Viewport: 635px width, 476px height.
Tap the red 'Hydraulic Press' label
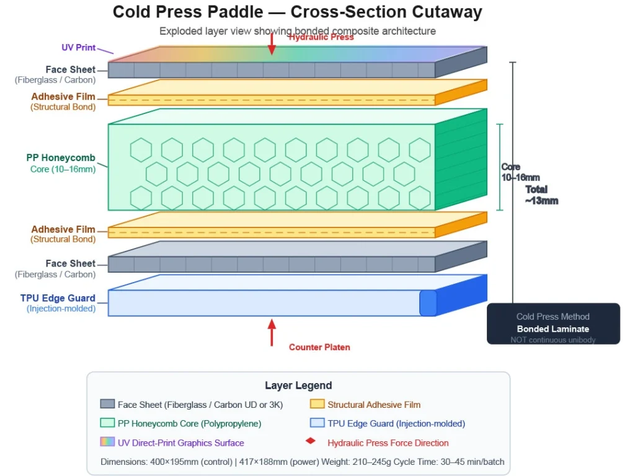coord(321,37)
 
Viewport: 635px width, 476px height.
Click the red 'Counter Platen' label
coord(319,347)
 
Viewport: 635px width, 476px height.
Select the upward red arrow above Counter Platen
coord(271,332)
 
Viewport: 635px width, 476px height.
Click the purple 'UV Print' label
coord(79,47)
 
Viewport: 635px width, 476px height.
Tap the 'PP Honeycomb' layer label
coord(61,158)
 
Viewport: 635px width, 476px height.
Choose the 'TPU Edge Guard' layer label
coord(58,298)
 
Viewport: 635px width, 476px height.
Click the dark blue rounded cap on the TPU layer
coord(428,302)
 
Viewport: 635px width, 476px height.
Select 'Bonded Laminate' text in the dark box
coord(553,329)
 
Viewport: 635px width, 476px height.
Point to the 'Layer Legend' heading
coord(298,386)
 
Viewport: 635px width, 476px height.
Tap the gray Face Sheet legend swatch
coord(107,404)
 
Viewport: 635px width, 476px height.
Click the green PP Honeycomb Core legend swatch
coord(107,423)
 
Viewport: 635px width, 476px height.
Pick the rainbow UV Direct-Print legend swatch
coord(107,443)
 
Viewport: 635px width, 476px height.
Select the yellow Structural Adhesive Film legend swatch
coord(317,404)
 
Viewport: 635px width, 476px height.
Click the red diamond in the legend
coord(311,442)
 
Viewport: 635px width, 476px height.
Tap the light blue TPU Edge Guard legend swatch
coord(317,423)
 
